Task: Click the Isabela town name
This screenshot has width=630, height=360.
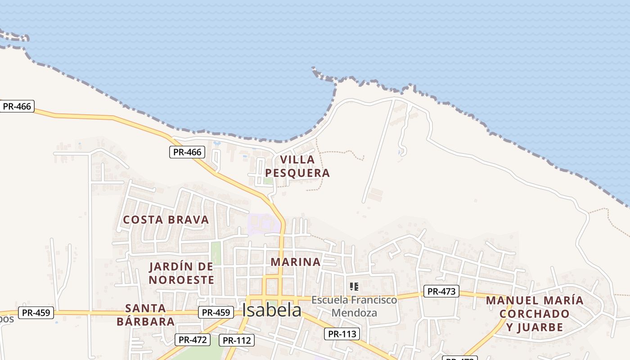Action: (271, 310)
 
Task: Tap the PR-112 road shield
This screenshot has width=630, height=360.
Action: (237, 340)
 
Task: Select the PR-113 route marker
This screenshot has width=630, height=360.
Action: (342, 334)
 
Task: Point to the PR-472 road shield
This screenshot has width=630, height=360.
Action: (193, 340)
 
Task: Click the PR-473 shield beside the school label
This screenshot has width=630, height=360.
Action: (441, 292)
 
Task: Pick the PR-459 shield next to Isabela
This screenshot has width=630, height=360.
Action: (216, 312)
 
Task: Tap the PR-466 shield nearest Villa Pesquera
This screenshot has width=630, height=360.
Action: (187, 152)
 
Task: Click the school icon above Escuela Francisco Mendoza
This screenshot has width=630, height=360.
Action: (354, 286)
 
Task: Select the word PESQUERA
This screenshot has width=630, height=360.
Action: (297, 173)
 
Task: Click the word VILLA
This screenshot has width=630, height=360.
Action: (297, 160)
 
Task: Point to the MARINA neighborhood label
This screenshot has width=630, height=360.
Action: (296, 262)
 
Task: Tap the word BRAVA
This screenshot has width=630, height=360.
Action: (190, 220)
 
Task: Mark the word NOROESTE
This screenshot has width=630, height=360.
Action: (181, 280)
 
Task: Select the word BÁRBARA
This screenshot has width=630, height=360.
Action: (145, 322)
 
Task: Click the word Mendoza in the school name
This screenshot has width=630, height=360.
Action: (354, 313)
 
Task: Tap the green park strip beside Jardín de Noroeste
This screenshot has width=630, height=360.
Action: (216, 253)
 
